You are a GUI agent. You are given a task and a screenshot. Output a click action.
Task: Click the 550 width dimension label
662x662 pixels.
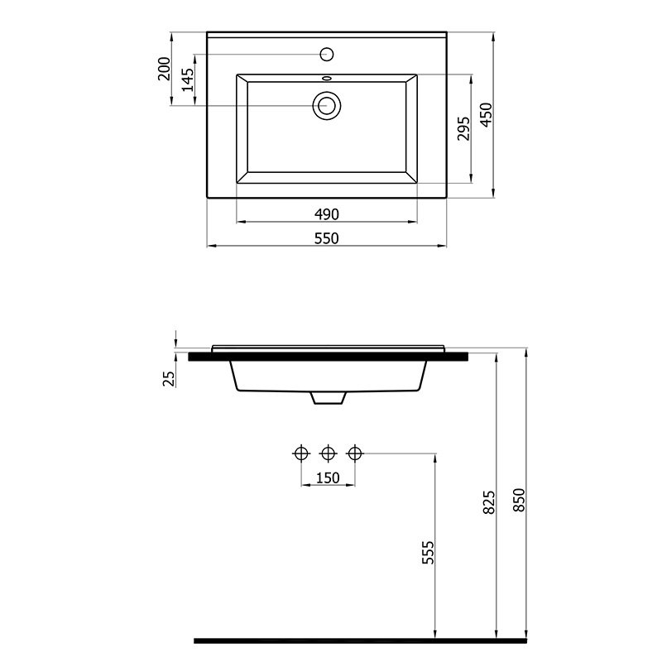point(326,238)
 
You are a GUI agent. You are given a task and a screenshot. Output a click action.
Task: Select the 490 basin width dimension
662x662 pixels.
point(326,214)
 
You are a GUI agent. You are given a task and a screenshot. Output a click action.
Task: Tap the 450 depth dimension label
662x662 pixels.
point(487,114)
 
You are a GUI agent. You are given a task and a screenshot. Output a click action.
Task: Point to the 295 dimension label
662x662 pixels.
point(463,129)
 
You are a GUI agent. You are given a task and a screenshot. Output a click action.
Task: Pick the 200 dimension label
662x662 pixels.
point(164,69)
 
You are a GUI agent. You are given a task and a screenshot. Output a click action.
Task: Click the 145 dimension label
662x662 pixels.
point(188,79)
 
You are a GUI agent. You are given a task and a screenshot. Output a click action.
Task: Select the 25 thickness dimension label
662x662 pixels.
point(169,379)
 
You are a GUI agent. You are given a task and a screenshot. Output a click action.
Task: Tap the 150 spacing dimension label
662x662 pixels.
point(328,478)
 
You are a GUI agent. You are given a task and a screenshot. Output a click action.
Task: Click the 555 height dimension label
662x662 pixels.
point(428,553)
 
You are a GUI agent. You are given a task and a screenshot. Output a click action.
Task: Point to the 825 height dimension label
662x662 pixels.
point(489,502)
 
